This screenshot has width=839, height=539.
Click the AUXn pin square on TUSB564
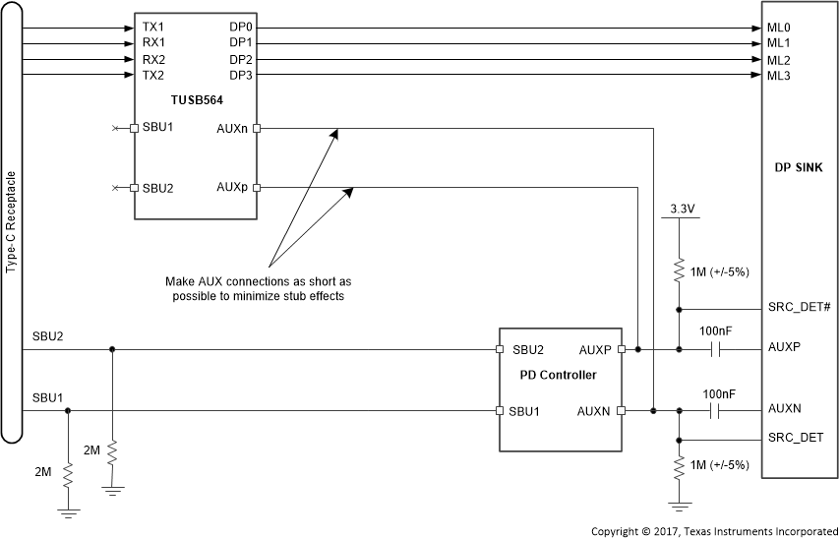(257, 128)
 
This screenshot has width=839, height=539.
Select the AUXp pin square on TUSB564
(257, 187)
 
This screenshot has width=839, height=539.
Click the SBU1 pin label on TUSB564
(159, 128)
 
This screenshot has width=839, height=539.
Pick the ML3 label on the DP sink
(779, 77)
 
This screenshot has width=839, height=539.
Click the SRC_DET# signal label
(799, 308)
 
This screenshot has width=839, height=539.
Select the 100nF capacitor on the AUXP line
(720, 349)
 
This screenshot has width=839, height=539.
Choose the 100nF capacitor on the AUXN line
(720, 410)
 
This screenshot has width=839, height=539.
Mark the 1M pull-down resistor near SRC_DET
(679, 466)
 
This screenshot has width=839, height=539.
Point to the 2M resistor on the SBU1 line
(67, 476)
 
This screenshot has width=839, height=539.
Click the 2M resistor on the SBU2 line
(113, 453)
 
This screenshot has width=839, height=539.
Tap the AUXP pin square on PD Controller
(622, 349)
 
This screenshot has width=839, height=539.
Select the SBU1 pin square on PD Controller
(500, 410)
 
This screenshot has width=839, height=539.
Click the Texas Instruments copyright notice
(714, 531)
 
